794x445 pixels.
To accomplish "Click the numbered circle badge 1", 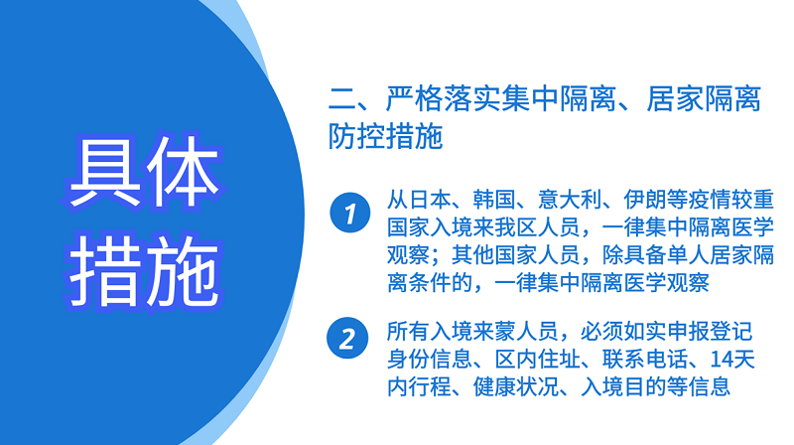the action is (350, 213).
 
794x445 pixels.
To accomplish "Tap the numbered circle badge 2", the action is (347, 338).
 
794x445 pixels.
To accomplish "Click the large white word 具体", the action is (145, 172).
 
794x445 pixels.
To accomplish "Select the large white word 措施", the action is (145, 270).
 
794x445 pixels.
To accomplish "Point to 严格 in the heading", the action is (414, 98).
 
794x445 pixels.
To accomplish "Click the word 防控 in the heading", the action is (356, 136).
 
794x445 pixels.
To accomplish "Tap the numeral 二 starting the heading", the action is (342, 98).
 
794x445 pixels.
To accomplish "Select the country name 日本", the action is (430, 200).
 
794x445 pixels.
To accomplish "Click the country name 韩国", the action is (494, 200).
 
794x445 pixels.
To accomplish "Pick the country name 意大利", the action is (570, 200).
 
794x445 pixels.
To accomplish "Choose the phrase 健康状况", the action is (515, 386).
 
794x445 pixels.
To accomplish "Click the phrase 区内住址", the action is (537, 360).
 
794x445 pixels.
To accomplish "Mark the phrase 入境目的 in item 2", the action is (623, 386).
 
